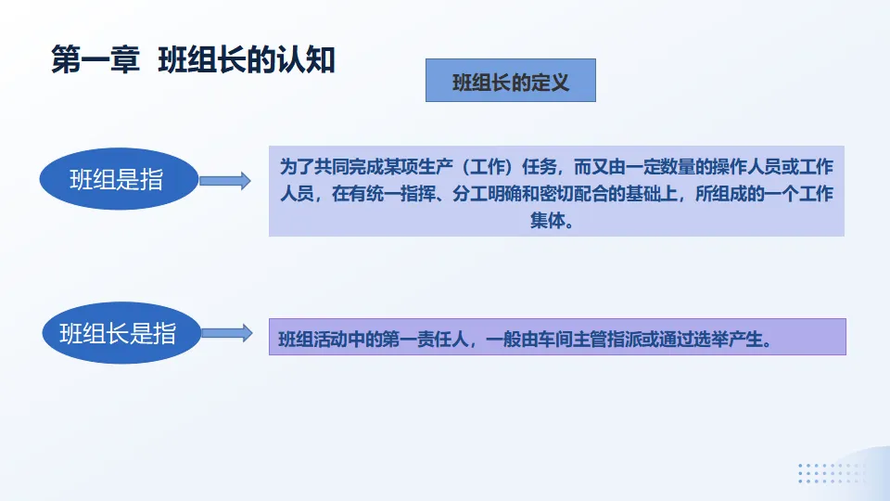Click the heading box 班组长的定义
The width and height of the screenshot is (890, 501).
coord(510,81)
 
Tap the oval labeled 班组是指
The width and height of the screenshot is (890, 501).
coord(118,180)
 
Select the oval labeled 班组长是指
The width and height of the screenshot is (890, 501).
coord(118,332)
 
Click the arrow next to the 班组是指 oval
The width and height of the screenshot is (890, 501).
coord(225,181)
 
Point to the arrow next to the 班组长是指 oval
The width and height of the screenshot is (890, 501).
coord(225,332)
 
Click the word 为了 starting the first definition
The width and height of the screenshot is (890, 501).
coord(297,167)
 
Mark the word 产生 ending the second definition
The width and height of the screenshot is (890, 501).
coord(747,340)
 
